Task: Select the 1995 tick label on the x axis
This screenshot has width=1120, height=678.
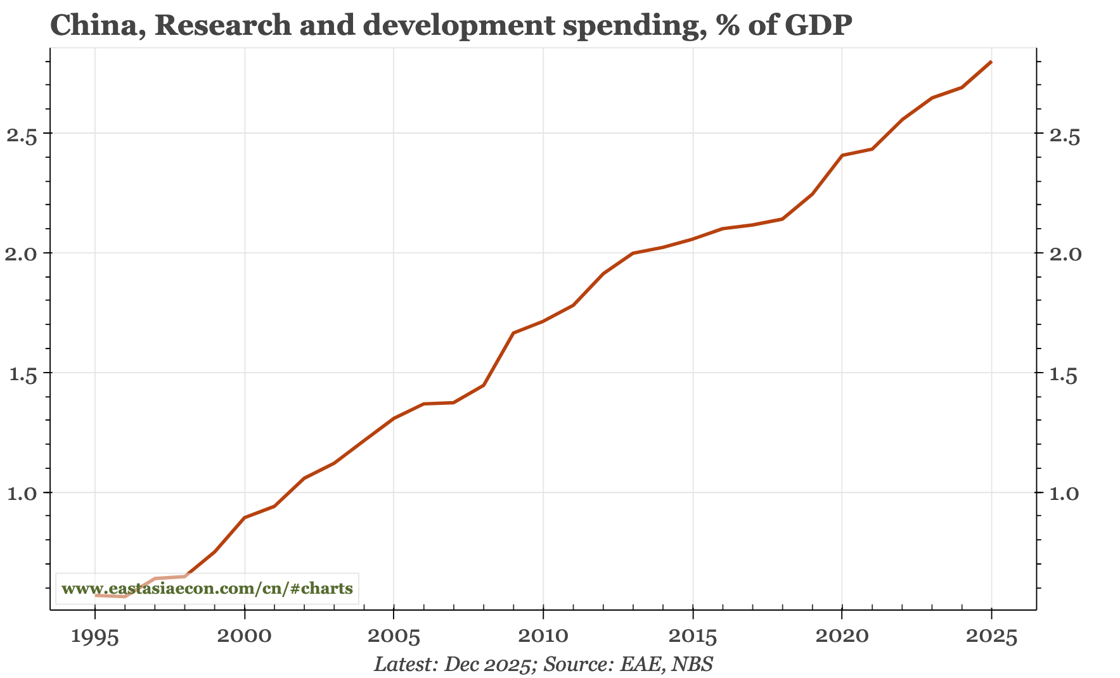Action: [x=95, y=637]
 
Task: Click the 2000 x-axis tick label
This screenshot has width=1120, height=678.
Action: [x=244, y=637]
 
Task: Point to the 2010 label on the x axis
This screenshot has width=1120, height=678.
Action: [x=543, y=637]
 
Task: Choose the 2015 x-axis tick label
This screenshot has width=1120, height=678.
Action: [x=693, y=637]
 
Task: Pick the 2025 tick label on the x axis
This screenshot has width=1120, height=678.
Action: [x=991, y=637]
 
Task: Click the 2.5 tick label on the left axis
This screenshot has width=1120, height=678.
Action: [x=21, y=134]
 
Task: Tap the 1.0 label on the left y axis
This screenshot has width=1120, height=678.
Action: [x=21, y=493]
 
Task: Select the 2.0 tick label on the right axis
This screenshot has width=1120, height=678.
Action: [x=1067, y=253]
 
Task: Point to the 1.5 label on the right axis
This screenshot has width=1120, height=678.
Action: [x=1067, y=373]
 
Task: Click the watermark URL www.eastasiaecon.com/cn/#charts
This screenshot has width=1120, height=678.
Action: [x=207, y=589]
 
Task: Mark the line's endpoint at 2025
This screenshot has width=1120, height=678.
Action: [x=991, y=62]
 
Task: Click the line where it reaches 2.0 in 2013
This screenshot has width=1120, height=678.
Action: [x=633, y=253]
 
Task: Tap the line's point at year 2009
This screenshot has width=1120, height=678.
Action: [x=513, y=333]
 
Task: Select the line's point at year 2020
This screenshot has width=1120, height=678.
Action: [x=842, y=155]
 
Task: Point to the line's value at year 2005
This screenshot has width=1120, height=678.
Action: [x=394, y=418]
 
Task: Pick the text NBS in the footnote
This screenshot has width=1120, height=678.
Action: [x=693, y=664]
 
